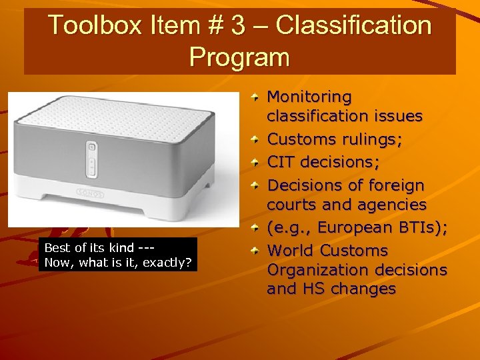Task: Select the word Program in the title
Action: point(239,56)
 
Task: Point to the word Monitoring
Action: point(309,97)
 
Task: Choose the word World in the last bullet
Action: point(290,251)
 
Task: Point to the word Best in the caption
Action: point(56,248)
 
